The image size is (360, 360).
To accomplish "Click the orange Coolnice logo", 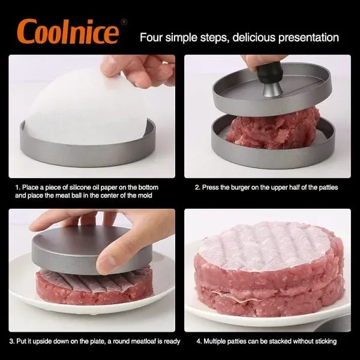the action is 68,31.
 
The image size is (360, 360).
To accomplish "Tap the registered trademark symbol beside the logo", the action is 124,22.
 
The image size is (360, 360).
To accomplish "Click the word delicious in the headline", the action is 253,37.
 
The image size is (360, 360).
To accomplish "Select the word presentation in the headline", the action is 308,38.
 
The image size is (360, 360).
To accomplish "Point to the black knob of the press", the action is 269,73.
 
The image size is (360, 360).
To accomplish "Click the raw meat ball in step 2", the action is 273,130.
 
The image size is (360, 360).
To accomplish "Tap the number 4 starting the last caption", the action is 198,341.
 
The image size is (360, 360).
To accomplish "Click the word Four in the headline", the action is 151,37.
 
